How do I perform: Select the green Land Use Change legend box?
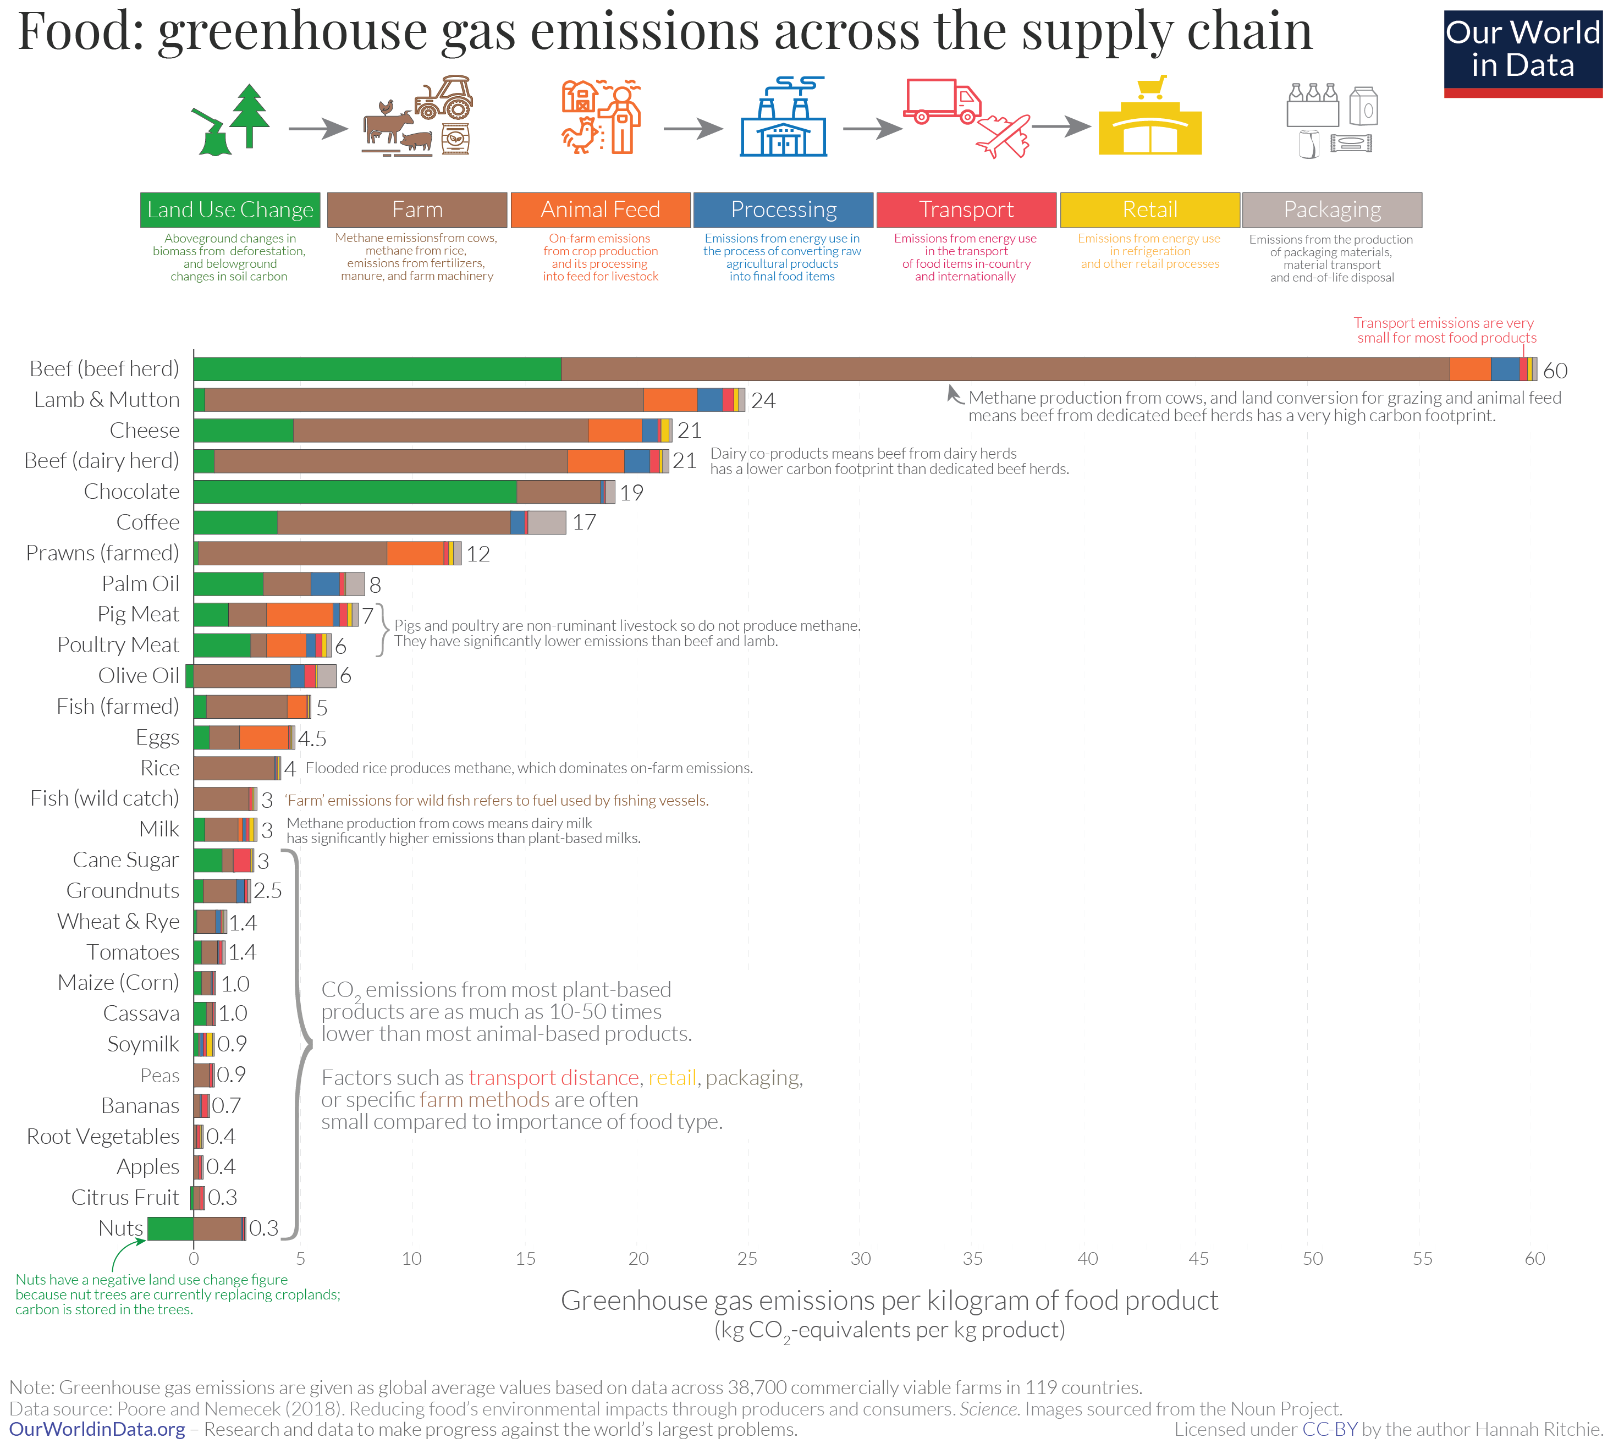(230, 210)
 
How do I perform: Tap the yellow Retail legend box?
(1149, 210)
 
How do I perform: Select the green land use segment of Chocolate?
(354, 491)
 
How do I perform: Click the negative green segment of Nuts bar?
(170, 1228)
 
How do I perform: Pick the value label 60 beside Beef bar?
(1554, 370)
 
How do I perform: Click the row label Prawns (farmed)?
(103, 553)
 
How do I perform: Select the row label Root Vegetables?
(103, 1136)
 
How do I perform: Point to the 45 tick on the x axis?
(1197, 1259)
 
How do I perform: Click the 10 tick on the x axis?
(411, 1259)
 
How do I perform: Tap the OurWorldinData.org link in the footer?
(97, 1429)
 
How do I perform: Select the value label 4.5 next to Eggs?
(312, 738)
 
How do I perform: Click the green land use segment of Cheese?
(243, 430)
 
